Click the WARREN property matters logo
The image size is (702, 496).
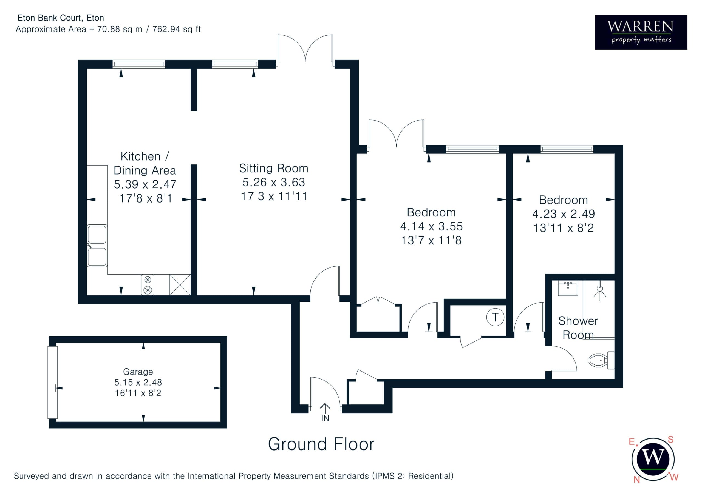pyautogui.click(x=641, y=32)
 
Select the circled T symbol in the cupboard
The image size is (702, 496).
pyautogui.click(x=495, y=317)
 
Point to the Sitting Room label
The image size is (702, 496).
pyautogui.click(x=274, y=168)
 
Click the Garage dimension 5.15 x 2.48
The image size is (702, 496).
pyautogui.click(x=138, y=382)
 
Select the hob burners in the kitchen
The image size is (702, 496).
pyautogui.click(x=148, y=285)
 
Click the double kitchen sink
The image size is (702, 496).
pyautogui.click(x=97, y=246)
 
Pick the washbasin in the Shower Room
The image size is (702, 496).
pyautogui.click(x=568, y=288)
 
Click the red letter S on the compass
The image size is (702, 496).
pyautogui.click(x=670, y=440)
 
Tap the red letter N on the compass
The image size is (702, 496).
pyautogui.click(x=637, y=480)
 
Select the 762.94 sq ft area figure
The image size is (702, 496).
pyautogui.click(x=176, y=29)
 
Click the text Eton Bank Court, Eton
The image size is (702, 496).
pyautogui.click(x=61, y=18)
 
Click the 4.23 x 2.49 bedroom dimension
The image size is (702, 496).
pyautogui.click(x=564, y=214)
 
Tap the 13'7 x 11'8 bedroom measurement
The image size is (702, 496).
pyautogui.click(x=431, y=241)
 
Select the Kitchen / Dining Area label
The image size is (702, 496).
pyautogui.click(x=145, y=163)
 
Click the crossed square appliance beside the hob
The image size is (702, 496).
pyautogui.click(x=180, y=285)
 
